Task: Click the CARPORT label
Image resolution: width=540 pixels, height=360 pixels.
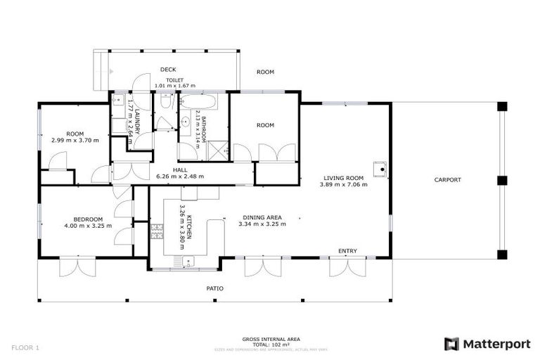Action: pyautogui.click(x=447, y=180)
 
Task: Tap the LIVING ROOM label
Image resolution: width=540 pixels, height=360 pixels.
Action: pyautogui.click(x=343, y=178)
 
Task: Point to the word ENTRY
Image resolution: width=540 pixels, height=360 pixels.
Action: pyautogui.click(x=347, y=251)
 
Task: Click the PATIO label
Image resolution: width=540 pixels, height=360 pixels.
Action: pyautogui.click(x=214, y=288)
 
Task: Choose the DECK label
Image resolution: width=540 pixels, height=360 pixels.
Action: pyautogui.click(x=167, y=70)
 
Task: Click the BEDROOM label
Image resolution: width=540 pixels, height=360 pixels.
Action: pyautogui.click(x=88, y=219)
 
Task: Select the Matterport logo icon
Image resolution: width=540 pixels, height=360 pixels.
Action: pyautogui.click(x=451, y=344)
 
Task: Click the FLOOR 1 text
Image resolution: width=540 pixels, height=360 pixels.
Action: pyautogui.click(x=25, y=347)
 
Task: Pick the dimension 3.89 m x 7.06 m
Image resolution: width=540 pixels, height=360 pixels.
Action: pyautogui.click(x=343, y=186)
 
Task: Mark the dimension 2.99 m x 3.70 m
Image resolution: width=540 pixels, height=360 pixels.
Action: pyautogui.click(x=75, y=141)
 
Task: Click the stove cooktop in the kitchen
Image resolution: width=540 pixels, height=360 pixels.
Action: pyautogui.click(x=157, y=229)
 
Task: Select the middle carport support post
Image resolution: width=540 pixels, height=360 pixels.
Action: pyautogui.click(x=501, y=180)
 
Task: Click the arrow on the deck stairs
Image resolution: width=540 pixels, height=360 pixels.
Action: pyautogui.click(x=112, y=71)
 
